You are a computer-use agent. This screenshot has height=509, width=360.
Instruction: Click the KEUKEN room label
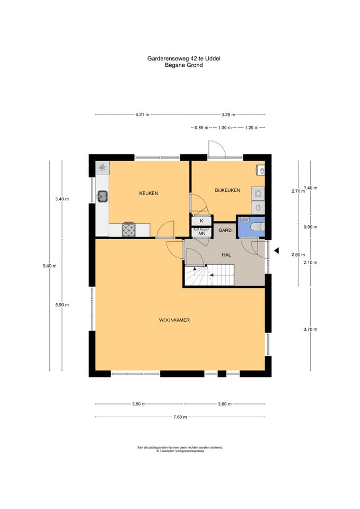point(148,193)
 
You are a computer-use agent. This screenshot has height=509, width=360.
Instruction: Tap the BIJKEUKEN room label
point(227,190)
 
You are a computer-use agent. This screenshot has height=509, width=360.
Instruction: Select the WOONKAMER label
point(174,320)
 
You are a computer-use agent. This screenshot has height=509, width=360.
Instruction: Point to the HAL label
point(226,255)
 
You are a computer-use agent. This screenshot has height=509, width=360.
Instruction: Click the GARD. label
point(225,231)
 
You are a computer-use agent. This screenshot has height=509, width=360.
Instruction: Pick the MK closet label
point(201,233)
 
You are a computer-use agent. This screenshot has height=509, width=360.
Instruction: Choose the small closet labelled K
point(201,221)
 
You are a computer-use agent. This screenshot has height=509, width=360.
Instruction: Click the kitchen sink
point(102,196)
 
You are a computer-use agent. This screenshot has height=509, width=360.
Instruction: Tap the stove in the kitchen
point(129,229)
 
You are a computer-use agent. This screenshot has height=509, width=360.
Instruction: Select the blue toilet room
point(251,226)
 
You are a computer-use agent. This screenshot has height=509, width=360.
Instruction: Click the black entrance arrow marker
point(277,251)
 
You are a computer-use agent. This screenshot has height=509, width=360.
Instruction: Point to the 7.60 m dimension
point(180,417)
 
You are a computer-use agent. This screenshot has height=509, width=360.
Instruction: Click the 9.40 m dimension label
point(49,266)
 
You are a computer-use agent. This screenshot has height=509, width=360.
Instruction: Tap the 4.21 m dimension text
point(143,115)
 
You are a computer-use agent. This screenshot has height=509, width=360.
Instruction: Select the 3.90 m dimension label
point(139,404)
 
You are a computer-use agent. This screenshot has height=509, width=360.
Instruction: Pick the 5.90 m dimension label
point(62,305)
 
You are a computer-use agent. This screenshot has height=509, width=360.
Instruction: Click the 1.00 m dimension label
point(225,128)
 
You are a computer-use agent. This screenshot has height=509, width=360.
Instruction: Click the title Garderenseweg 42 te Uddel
point(184,59)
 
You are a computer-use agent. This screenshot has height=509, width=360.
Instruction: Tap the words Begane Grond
point(184,65)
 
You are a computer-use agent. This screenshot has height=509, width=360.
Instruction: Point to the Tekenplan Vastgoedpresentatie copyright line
point(180,451)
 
